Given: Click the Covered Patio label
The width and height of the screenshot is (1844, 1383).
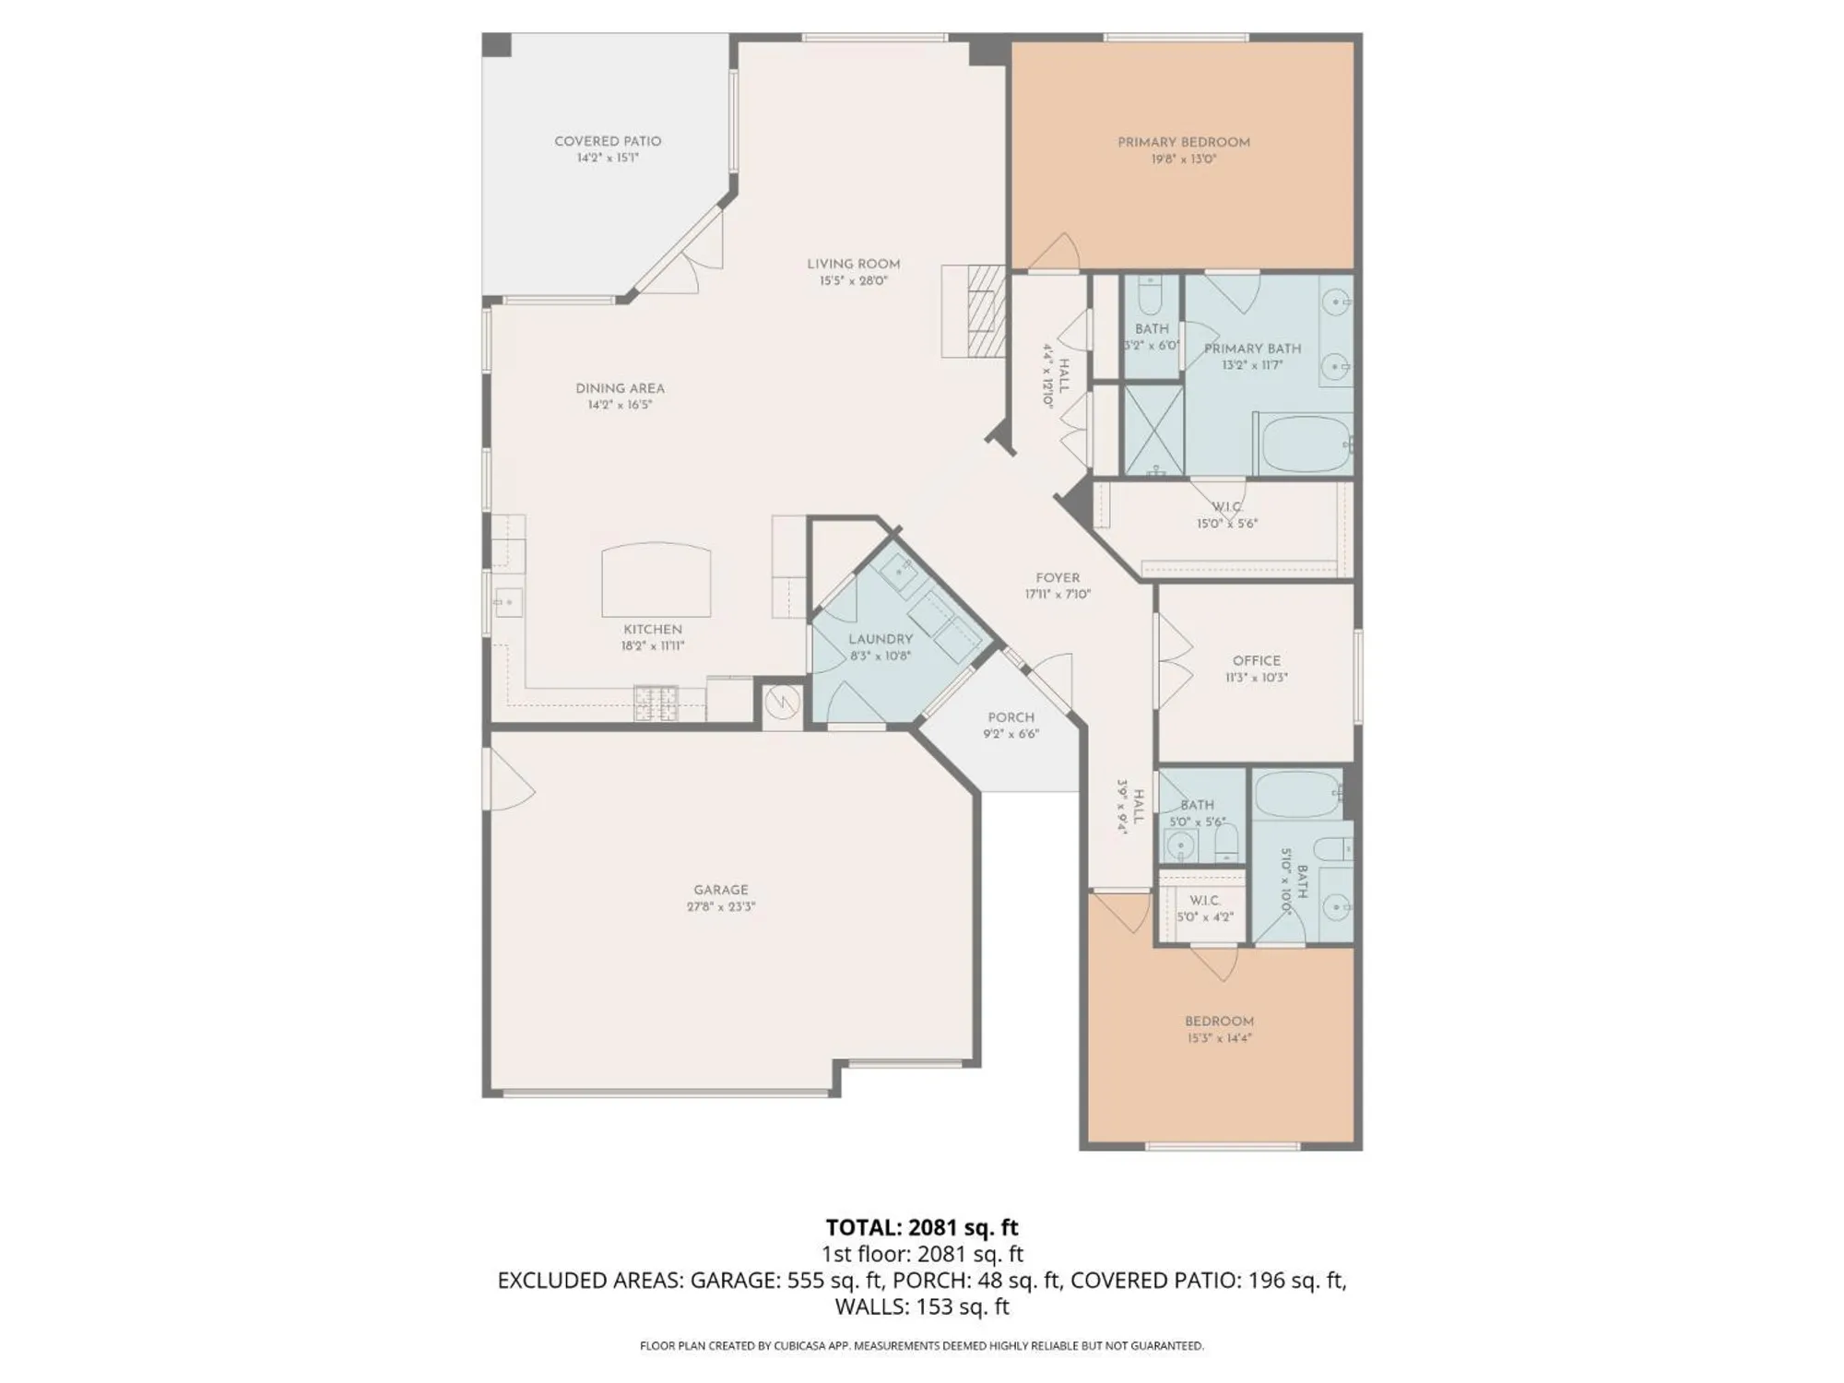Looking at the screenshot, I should point(608,141).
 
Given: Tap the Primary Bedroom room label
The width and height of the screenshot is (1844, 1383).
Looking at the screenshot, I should point(1184,142).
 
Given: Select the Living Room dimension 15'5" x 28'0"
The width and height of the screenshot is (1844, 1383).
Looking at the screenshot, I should point(853,280).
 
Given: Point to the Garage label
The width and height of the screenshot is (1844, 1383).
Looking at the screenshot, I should point(721,890).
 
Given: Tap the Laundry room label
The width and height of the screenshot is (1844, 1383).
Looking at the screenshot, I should point(881,639).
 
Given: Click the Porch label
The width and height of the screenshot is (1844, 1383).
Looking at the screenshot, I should point(1011,717).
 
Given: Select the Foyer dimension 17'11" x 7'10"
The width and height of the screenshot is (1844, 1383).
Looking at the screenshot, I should point(1057,595).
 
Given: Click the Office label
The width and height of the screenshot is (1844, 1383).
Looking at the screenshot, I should point(1257,660).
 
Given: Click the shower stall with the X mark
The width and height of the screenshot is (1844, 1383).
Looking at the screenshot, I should point(1152,431).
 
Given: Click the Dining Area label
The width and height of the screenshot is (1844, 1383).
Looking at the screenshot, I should point(620,388).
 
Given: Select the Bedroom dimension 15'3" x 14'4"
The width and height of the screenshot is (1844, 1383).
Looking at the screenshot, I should point(1219,1038).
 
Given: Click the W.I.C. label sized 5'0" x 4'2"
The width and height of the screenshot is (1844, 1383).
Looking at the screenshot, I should point(1204,900).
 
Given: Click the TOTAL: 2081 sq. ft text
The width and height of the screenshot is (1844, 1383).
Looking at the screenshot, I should point(921,1227).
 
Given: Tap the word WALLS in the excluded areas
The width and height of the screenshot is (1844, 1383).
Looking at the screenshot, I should point(869,1306).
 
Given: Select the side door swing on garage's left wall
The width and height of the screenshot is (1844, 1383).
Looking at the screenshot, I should point(510,779).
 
